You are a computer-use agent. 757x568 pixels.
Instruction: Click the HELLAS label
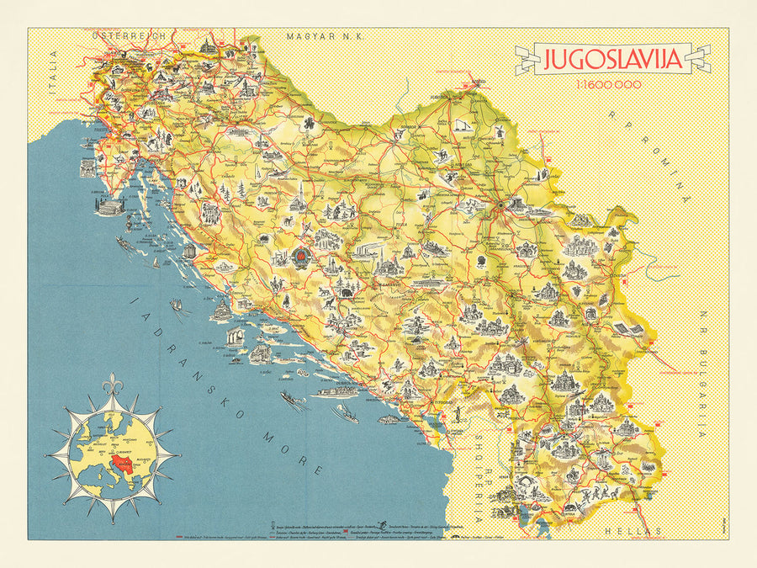click(631, 531)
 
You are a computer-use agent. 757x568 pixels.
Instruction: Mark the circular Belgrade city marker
click(499, 204)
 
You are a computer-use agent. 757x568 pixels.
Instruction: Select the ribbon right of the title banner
click(699, 60)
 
